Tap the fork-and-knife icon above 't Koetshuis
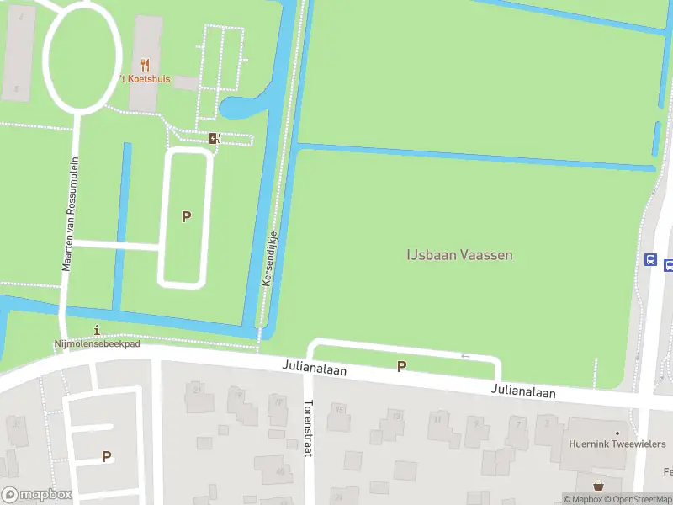(x=145, y=64)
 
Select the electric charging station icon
(x=215, y=139)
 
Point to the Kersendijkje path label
(x=270, y=257)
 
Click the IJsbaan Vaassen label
(x=459, y=255)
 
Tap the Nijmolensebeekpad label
(x=97, y=344)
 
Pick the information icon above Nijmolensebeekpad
(x=98, y=330)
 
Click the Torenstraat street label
(x=308, y=428)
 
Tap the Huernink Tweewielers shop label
(x=617, y=444)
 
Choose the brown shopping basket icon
(x=598, y=486)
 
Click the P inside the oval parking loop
(x=186, y=217)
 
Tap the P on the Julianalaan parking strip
(x=401, y=366)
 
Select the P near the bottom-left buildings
(x=106, y=457)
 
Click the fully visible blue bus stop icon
(x=650, y=260)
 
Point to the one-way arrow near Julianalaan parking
(x=466, y=356)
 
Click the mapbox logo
(x=36, y=495)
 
